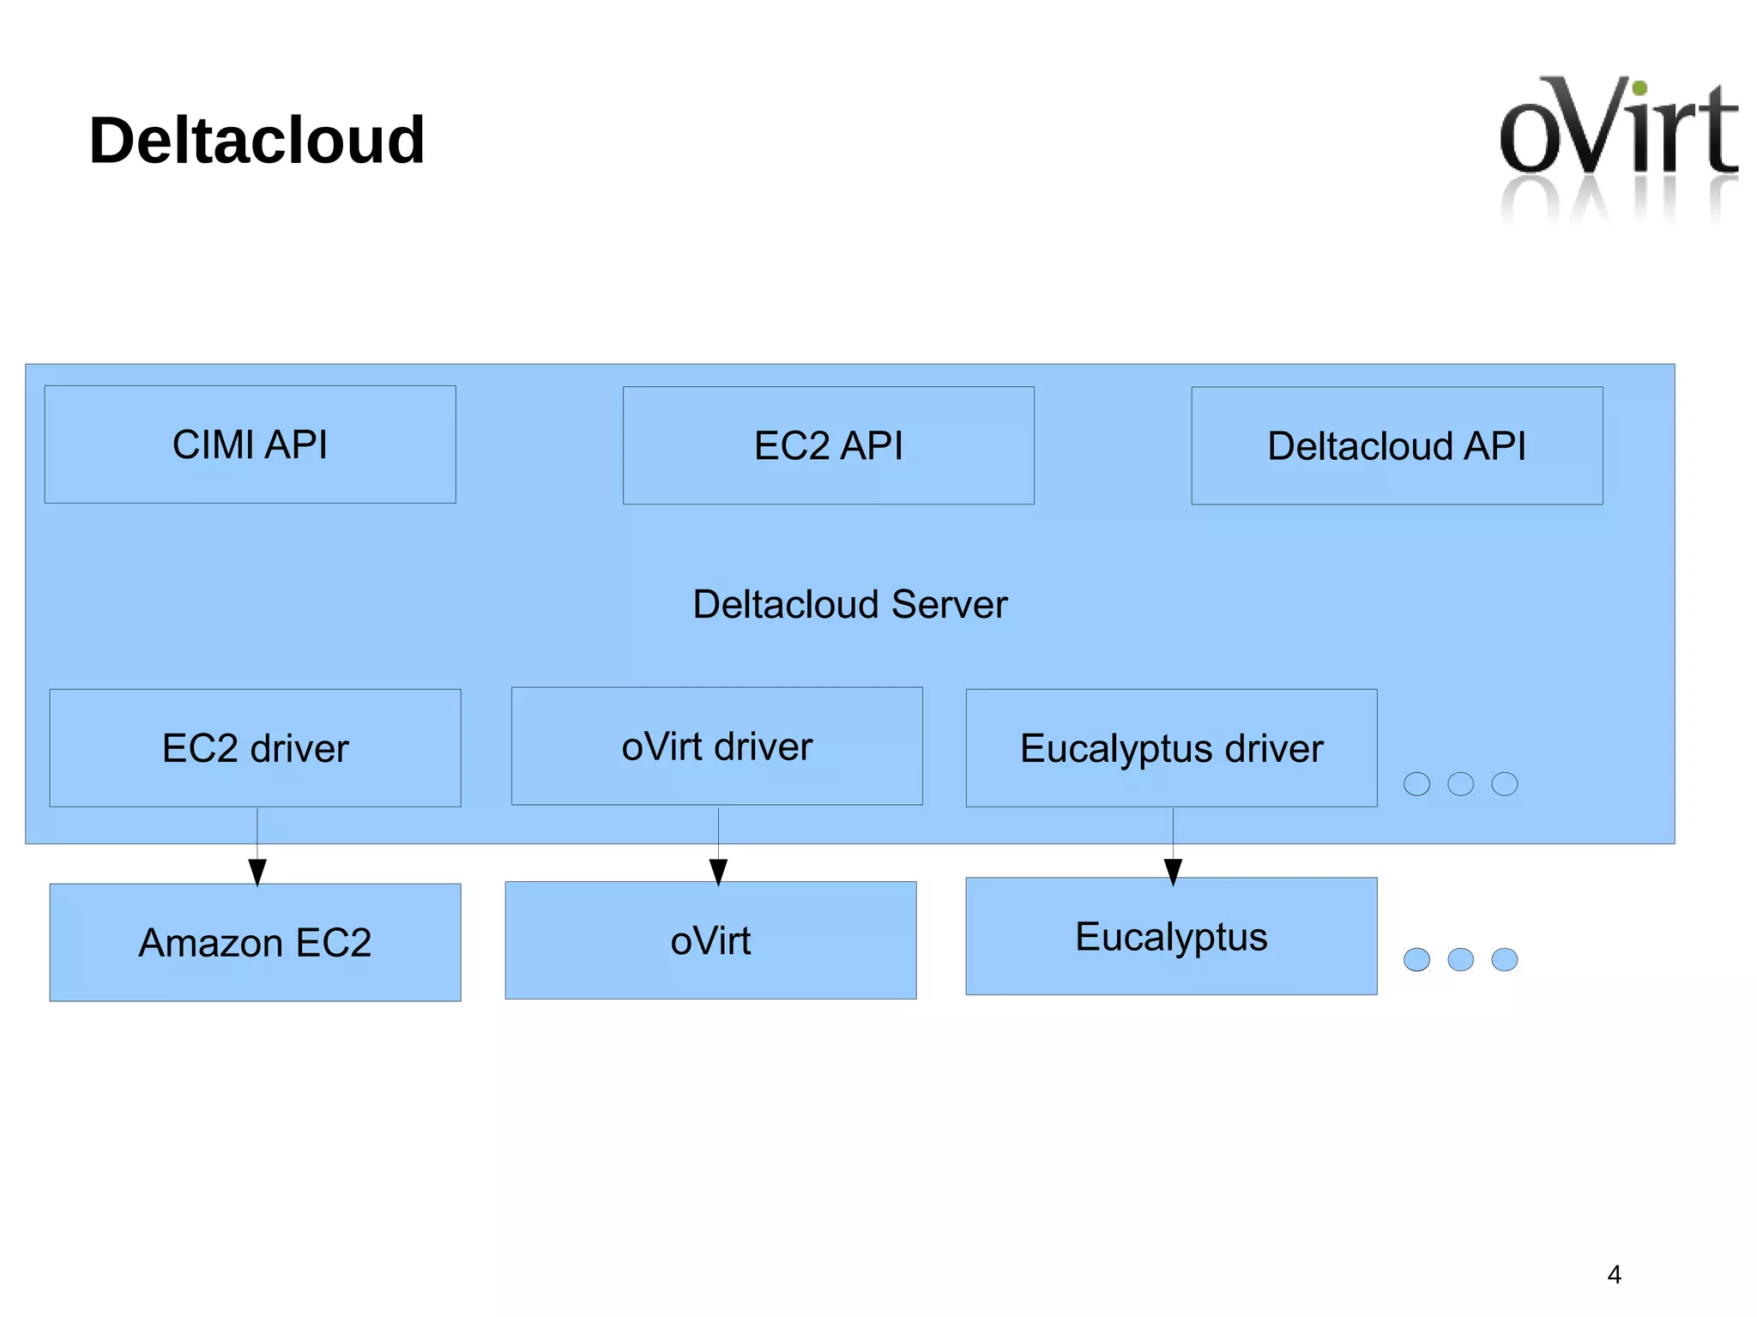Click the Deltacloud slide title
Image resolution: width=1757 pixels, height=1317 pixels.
point(257,141)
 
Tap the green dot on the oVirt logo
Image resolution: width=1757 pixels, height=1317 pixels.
point(1639,88)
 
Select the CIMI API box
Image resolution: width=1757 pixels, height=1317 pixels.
point(250,444)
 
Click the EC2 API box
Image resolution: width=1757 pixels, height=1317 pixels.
point(828,445)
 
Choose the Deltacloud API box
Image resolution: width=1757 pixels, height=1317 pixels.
point(1397,446)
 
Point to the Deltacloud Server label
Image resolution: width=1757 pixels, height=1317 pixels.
point(849,604)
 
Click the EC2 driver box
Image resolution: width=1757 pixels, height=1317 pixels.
point(255,748)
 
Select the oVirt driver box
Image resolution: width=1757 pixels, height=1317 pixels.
point(716,746)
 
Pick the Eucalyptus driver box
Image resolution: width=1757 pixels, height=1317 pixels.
point(1171,748)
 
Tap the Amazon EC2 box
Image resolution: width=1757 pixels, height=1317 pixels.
point(255,943)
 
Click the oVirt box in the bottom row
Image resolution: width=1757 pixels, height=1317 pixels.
point(710,941)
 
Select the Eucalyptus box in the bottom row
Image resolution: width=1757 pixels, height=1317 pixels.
point(1171,937)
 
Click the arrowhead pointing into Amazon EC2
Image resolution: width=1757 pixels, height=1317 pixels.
point(257,871)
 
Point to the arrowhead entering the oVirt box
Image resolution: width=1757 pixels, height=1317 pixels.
point(719,871)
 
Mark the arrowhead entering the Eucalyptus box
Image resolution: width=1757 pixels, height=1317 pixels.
point(1174,871)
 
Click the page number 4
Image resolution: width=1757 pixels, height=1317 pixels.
point(1614,1275)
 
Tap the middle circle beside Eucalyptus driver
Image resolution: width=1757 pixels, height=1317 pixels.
point(1460,783)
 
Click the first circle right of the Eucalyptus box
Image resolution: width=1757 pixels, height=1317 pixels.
point(1416,959)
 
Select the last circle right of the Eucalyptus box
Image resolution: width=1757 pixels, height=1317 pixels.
point(1504,959)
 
